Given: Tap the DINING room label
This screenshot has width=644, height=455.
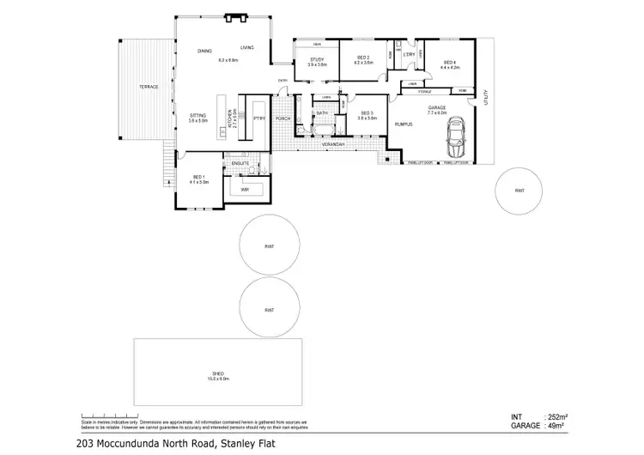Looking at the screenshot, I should [x=204, y=52].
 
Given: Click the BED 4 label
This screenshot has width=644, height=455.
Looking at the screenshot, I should [x=449, y=62].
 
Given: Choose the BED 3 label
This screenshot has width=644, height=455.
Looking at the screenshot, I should [x=367, y=113].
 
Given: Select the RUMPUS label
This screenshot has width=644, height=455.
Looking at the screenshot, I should [x=404, y=124].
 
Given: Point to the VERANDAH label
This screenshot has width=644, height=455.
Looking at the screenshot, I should [x=333, y=145].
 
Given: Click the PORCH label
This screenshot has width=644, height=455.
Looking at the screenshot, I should [x=283, y=118].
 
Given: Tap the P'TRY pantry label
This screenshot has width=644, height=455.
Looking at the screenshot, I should [x=258, y=118].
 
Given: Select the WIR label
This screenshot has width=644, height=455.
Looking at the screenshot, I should [x=245, y=188].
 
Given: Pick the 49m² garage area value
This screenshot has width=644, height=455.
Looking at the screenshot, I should [x=560, y=426].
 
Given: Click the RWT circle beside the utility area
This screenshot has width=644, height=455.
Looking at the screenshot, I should [x=519, y=191].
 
